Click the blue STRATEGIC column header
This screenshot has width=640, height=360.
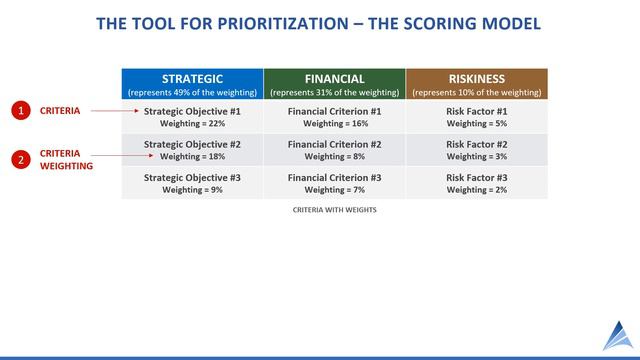pos(192,84)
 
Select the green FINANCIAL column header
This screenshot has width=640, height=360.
pos(334,84)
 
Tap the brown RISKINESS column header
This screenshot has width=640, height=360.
pos(476,84)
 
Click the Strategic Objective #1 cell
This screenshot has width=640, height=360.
pos(192,117)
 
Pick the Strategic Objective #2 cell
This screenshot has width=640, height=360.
pos(192,150)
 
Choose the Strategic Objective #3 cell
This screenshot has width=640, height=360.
pos(192,183)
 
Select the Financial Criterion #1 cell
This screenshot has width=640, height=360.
pos(334,117)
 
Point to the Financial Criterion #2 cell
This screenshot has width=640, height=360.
pos(334,150)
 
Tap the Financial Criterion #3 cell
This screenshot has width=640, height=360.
pos(334,183)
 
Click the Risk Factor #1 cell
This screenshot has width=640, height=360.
pos(476,117)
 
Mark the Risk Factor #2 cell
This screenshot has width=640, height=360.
pos(476,150)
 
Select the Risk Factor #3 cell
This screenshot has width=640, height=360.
pos(476,183)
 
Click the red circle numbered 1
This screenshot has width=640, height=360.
pos(21,111)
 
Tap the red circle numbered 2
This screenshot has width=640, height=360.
pos(21,159)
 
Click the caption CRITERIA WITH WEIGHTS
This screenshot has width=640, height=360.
pos(334,211)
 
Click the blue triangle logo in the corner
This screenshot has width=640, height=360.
pos(617,337)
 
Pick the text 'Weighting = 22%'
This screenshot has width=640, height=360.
pos(192,124)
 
